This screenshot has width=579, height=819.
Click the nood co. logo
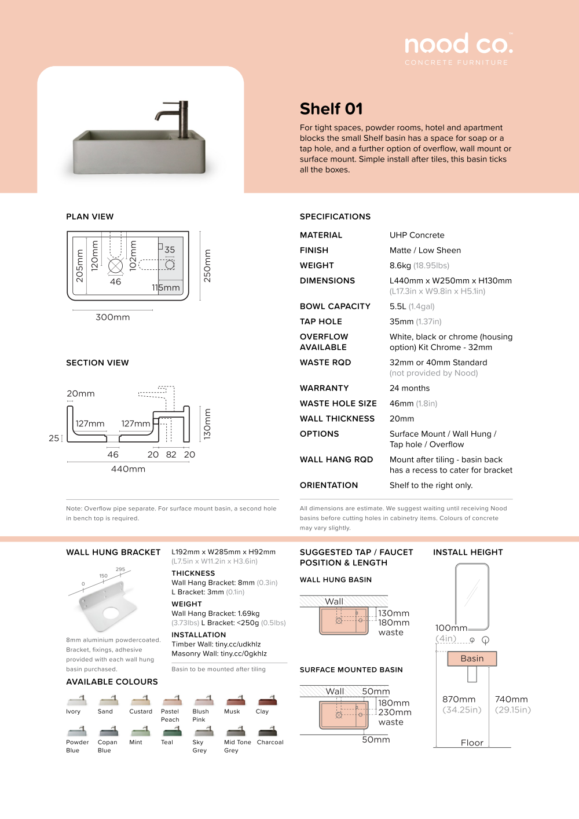pos(459,45)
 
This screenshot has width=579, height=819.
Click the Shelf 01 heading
pos(331,109)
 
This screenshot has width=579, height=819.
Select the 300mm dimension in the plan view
pos(113,317)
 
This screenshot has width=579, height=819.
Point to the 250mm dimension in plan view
pos(207,266)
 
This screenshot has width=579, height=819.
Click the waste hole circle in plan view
pos(116,266)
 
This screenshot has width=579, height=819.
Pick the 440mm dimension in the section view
pos(128,469)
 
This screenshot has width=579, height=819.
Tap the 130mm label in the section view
pos(207,424)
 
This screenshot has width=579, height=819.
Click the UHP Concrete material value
pos(417,235)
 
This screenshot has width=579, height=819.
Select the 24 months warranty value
pos(409,388)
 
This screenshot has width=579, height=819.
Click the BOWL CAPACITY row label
pos(335,306)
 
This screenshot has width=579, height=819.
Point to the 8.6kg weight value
pos(400,265)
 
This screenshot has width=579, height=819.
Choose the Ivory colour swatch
pos(77,700)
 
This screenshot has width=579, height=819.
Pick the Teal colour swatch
pos(172,731)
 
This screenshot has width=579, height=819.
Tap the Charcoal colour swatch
pos(267,731)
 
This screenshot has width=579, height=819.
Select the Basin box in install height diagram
pos(472,659)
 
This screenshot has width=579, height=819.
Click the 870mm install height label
pos(459,700)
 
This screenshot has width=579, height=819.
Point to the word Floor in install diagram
pos(472,743)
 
